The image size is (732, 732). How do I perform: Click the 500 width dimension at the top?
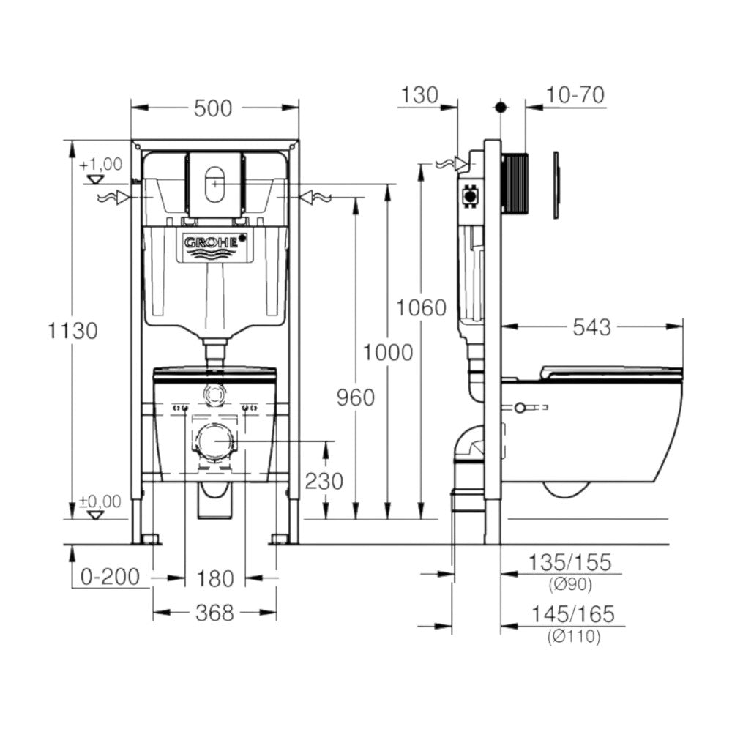click(x=214, y=108)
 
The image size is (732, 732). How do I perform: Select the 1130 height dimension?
click(x=72, y=331)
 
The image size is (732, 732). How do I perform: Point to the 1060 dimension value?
click(x=421, y=308)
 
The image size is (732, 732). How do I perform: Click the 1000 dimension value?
click(x=388, y=353)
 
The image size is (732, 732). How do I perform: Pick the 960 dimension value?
click(x=355, y=397)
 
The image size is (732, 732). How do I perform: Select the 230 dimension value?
click(x=324, y=481)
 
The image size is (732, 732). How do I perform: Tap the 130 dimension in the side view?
click(x=419, y=95)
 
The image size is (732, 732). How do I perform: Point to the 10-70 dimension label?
click(x=575, y=95)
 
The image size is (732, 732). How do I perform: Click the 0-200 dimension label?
click(x=111, y=578)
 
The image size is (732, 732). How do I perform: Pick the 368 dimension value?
click(x=214, y=613)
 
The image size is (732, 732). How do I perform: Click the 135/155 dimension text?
click(x=569, y=563)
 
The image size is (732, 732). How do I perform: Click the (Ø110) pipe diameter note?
click(x=573, y=638)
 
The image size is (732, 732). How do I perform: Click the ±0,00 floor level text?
click(x=100, y=501)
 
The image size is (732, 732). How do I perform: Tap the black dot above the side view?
click(x=501, y=108)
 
